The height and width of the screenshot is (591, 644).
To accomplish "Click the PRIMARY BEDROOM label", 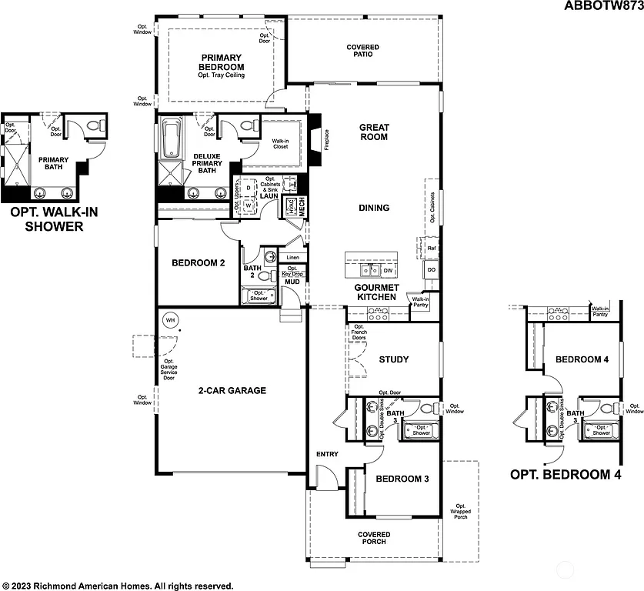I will click(x=222, y=62).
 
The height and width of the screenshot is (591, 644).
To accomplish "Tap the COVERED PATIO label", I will click(x=362, y=52).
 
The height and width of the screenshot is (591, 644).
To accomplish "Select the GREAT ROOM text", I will click(x=374, y=132).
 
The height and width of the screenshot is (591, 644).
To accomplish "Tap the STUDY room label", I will click(x=393, y=359).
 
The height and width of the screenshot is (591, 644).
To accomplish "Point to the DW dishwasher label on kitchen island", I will click(x=388, y=271).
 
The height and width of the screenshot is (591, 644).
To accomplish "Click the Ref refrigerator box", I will click(x=432, y=249).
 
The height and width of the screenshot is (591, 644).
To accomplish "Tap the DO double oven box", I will click(x=431, y=271).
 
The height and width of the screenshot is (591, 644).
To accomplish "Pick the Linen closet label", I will click(x=292, y=257).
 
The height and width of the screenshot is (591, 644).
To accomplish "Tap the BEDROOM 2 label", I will click(x=198, y=263).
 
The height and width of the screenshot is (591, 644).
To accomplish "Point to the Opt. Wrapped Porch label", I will click(x=460, y=510).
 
